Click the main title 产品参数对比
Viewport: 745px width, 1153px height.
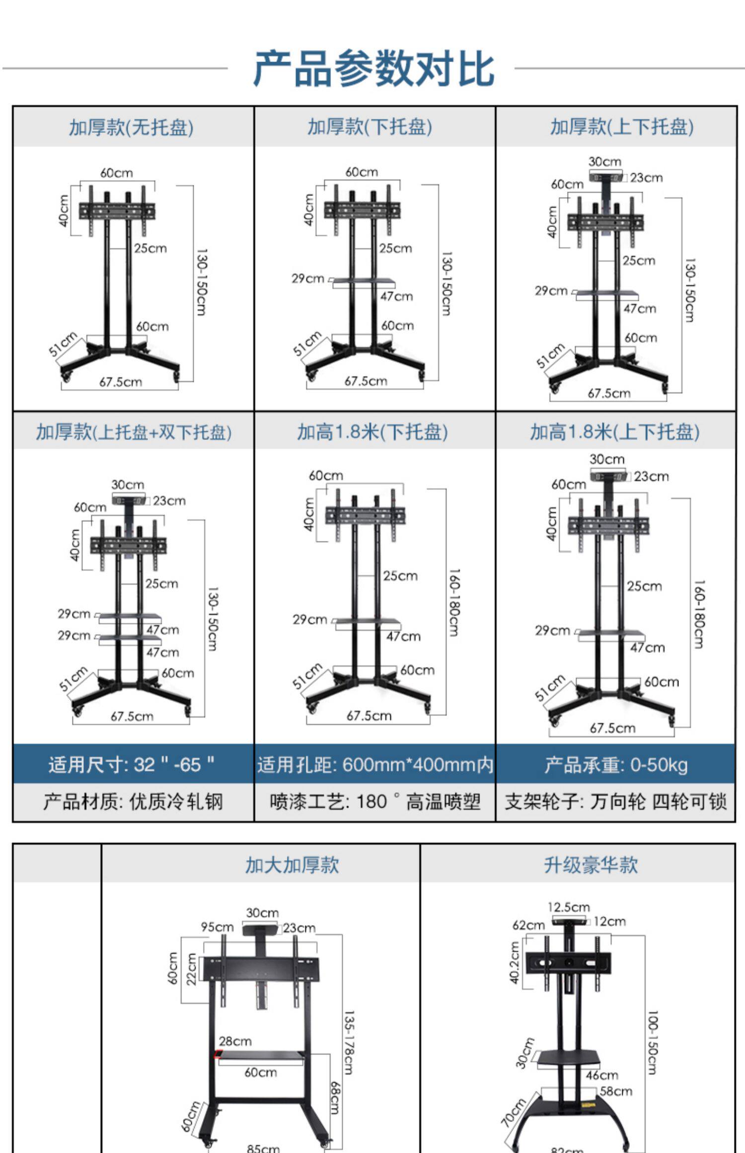(x=373, y=69)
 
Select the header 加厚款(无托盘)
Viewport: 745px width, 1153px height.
(x=131, y=128)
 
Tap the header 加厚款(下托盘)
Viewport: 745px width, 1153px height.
(x=370, y=127)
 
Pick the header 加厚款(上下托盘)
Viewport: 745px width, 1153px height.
(x=621, y=127)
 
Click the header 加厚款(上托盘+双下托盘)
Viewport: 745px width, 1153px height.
(x=134, y=432)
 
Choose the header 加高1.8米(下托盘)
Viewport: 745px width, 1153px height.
(x=372, y=432)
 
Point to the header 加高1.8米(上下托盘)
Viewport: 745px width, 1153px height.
(x=615, y=432)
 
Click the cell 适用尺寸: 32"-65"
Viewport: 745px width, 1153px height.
(x=132, y=764)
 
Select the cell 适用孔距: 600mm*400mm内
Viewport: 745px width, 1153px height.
(x=375, y=765)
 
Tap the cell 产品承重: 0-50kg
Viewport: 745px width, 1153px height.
(x=616, y=765)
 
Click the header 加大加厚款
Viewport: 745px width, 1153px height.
(x=292, y=865)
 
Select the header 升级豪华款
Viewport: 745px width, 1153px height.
(x=591, y=865)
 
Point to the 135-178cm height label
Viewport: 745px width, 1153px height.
(x=349, y=1043)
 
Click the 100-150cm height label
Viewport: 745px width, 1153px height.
(x=652, y=1043)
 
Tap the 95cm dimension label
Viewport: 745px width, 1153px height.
(x=217, y=927)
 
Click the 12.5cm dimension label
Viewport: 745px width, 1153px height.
(x=569, y=907)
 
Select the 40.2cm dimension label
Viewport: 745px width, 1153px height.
(x=515, y=962)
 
